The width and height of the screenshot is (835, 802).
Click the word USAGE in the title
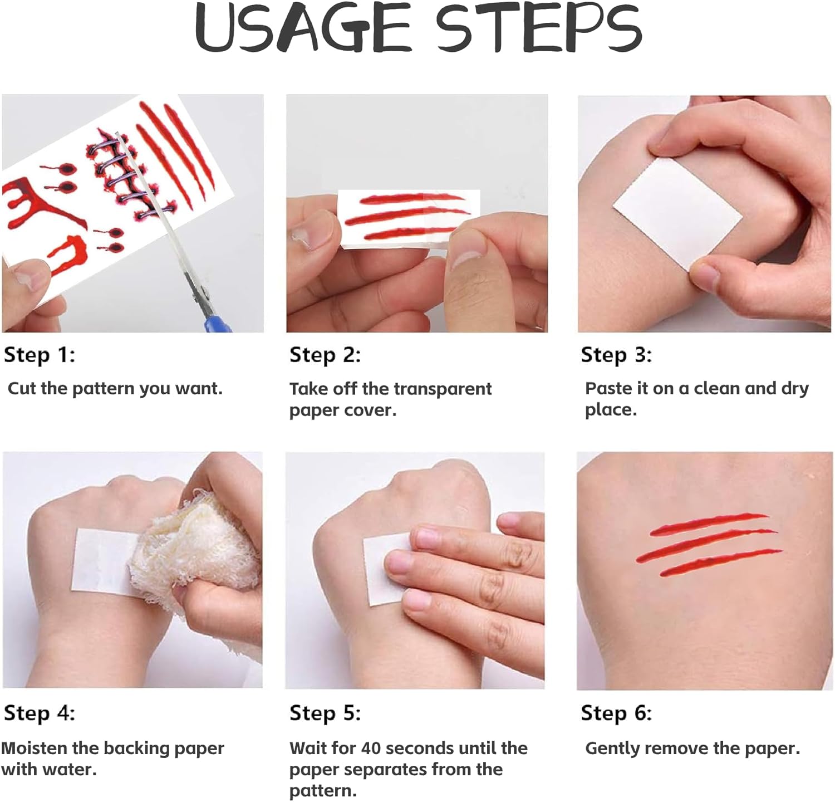[x=303, y=28]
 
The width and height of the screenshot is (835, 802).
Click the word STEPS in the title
[x=539, y=28]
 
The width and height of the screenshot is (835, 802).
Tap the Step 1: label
[x=39, y=355]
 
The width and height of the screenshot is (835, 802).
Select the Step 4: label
[x=39, y=713]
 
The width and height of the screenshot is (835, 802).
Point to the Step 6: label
[x=616, y=713]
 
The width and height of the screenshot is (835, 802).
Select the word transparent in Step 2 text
[x=439, y=389]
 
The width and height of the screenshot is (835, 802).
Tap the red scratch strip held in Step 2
[x=409, y=217]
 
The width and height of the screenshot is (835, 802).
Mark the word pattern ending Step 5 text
[x=323, y=791]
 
